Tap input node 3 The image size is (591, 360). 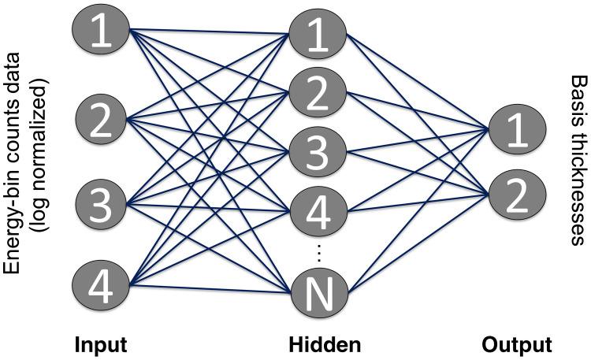tap(101, 209)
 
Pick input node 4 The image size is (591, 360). tap(101, 287)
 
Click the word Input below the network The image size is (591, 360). tap(100, 344)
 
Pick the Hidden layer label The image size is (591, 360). tap(325, 344)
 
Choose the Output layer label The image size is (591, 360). tap(517, 344)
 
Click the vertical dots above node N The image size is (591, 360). tap(319, 252)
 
